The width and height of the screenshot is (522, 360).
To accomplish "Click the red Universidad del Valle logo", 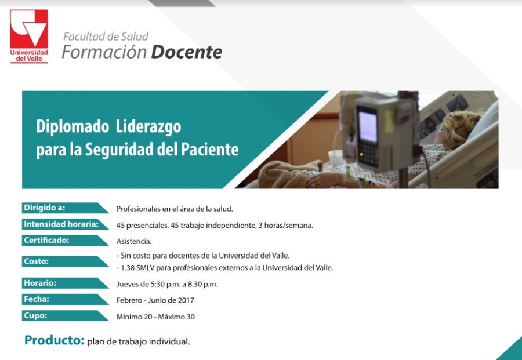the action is coord(29,36).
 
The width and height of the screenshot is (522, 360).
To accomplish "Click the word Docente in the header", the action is coord(187,52).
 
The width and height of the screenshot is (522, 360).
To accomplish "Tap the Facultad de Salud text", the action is coord(106,37).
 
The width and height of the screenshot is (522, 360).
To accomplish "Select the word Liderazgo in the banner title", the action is coord(148,127).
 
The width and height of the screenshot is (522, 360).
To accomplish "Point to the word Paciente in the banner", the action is coord(210,150).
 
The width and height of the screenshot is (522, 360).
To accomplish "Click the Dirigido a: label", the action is coord(45,208).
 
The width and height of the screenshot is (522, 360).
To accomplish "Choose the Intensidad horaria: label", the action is coord(61,224).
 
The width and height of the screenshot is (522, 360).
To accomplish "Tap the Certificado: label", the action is coord(46,240).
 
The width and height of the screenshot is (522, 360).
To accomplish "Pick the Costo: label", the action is coord(37,261).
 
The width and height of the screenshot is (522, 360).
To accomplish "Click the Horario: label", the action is coord(40,283).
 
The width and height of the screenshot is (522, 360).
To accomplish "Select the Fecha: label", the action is coord(37,299).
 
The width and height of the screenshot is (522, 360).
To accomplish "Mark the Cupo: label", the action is coord(35,315).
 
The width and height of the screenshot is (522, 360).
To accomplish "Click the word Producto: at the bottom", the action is coord(55,340).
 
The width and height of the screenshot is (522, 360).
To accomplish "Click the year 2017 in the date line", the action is coord(186,300).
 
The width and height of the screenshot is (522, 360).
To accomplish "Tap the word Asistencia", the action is coord(134,242).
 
